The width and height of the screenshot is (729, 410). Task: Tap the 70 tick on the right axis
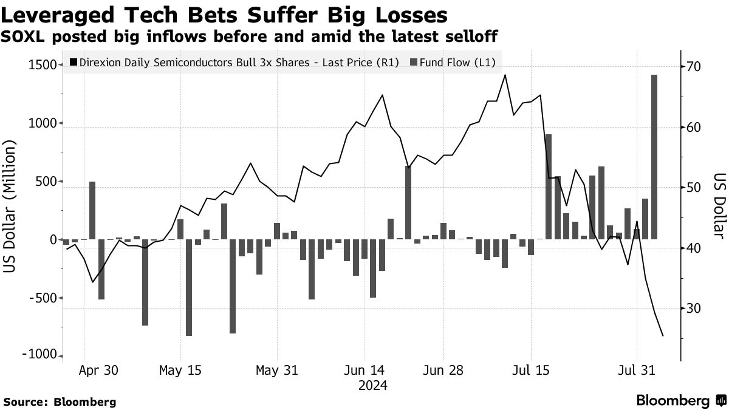[694, 67]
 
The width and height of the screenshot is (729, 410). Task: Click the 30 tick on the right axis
[694, 309]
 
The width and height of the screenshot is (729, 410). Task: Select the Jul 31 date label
[637, 370]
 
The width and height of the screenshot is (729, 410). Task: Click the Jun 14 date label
[364, 370]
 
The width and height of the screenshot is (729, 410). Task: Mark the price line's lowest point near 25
[663, 335]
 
